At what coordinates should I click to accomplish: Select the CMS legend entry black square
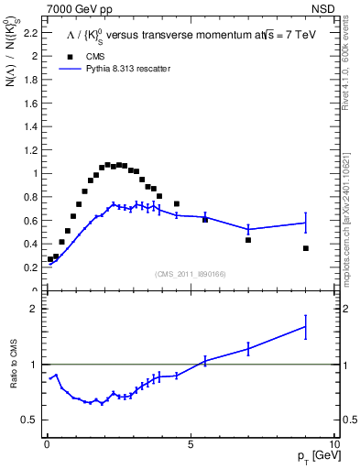click(69, 56)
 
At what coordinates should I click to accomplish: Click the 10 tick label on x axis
click(334, 442)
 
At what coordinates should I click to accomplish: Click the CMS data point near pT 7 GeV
click(248, 240)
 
